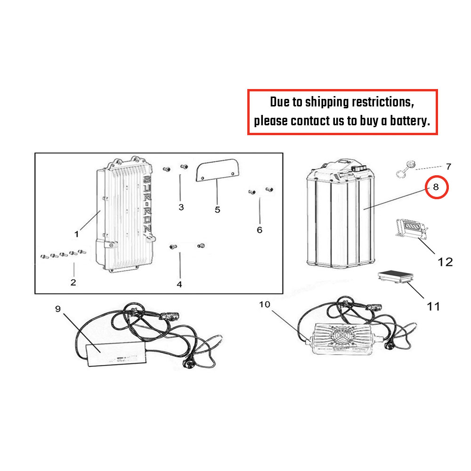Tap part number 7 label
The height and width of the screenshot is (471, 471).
pos(448,166)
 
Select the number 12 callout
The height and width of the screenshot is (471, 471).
pos(445,262)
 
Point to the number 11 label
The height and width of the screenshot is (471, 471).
pos(433,307)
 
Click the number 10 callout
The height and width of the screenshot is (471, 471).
pos(265,304)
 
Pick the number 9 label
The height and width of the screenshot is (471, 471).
pos(58,309)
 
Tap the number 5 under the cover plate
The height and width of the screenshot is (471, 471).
pos(218,210)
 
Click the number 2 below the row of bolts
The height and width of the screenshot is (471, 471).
pos(73,282)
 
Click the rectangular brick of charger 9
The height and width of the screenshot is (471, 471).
pos(116,354)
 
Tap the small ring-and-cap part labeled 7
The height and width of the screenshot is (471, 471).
pos(405,170)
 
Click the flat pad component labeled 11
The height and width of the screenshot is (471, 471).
pos(395,276)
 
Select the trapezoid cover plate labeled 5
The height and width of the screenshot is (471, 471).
pos(217,171)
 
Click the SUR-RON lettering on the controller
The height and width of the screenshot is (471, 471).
pos(147,204)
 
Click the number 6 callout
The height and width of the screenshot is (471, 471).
pos(260,230)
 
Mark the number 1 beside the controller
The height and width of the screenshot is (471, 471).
pos(77,234)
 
